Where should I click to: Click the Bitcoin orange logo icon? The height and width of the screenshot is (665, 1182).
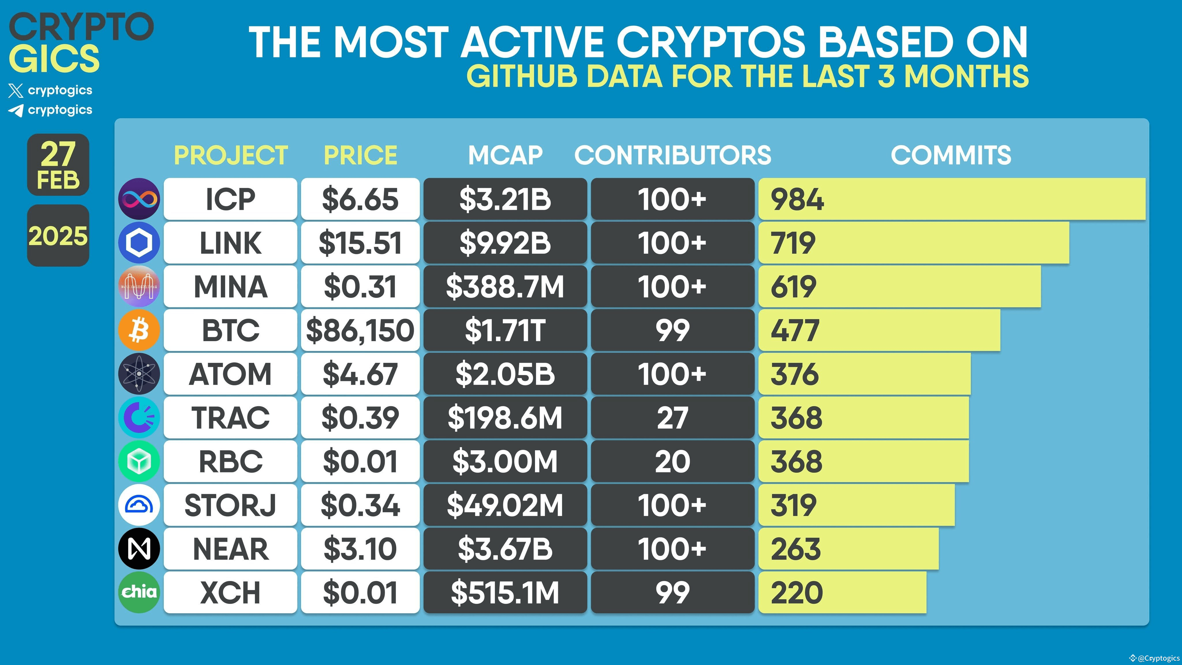[139, 330]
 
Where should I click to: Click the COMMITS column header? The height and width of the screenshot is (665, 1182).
[951, 155]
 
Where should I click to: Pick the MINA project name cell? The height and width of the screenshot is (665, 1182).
[230, 286]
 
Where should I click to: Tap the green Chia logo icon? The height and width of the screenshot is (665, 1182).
[139, 592]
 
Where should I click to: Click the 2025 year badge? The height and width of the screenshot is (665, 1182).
[58, 236]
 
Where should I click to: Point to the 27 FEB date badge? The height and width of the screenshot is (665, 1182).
[58, 165]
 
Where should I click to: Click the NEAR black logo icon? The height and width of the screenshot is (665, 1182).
[139, 548]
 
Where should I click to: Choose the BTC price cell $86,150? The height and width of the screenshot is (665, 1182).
[360, 330]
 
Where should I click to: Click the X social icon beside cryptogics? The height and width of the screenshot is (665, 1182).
[16, 90]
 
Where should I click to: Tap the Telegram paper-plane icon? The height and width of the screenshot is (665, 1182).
[16, 110]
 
